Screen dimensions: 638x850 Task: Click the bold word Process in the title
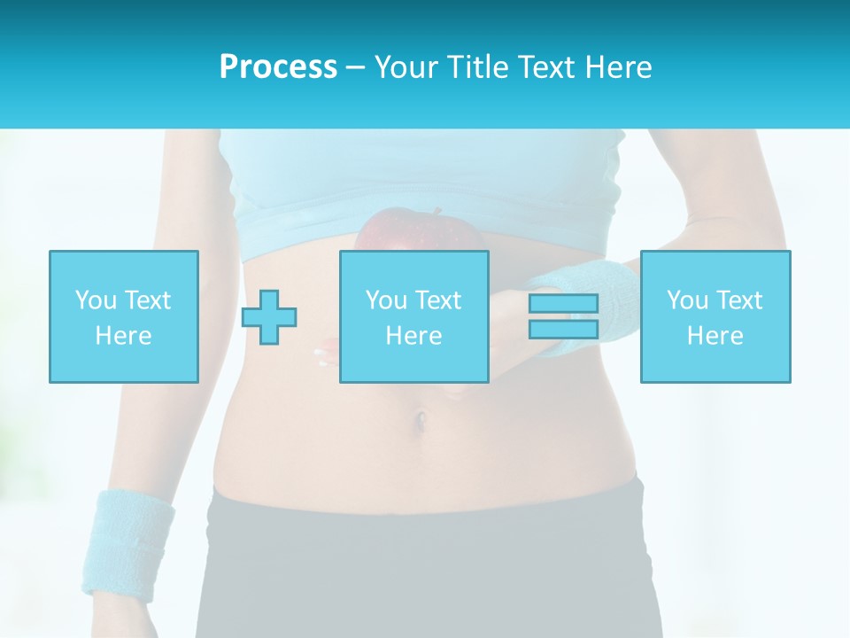click(278, 67)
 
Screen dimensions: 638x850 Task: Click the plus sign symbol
click(269, 317)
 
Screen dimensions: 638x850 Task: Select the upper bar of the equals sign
click(563, 303)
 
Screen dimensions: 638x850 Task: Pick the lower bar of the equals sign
click(563, 330)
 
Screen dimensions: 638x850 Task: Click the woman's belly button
click(423, 416)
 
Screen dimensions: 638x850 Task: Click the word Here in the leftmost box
click(123, 336)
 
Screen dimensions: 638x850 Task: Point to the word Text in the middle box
click(438, 300)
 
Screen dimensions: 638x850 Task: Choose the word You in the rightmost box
click(687, 300)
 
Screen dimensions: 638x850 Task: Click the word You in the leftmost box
click(96, 300)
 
